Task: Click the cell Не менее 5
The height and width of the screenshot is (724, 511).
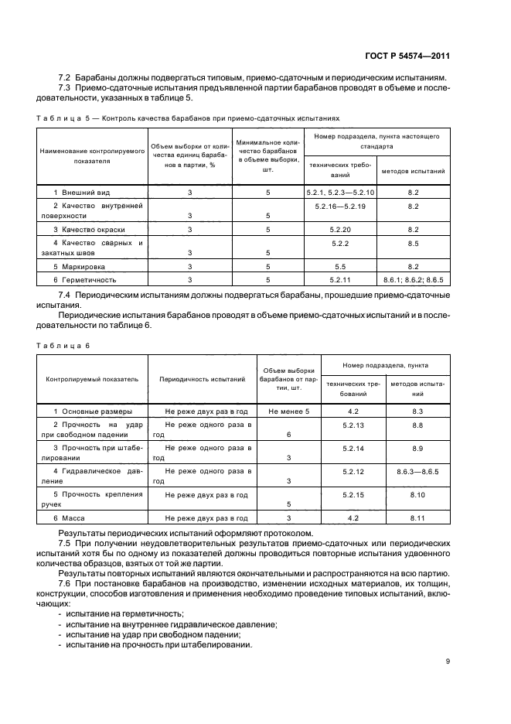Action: tap(289, 412)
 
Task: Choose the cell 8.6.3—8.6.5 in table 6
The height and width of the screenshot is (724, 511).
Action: tap(417, 471)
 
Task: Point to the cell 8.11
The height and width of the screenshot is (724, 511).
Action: tap(417, 517)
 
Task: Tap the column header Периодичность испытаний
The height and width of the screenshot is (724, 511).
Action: tap(202, 380)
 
